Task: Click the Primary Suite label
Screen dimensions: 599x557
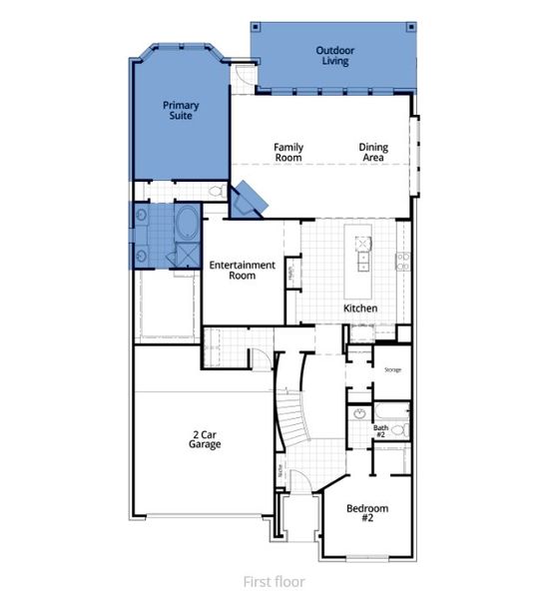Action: tap(183, 109)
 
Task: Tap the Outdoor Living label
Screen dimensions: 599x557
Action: tap(335, 55)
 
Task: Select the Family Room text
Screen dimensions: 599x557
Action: tap(288, 152)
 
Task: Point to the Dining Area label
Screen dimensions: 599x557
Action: tap(373, 152)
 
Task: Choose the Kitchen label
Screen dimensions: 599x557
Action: tap(360, 308)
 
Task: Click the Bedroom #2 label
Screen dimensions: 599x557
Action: tap(366, 513)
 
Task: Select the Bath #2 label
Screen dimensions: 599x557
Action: tap(380, 430)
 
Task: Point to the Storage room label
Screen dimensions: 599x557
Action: tap(392, 370)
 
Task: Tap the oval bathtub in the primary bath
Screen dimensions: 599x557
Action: tap(187, 221)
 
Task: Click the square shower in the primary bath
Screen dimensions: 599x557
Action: tap(185, 255)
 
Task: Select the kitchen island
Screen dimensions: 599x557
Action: tap(359, 253)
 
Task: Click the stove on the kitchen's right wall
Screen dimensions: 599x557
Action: tap(402, 262)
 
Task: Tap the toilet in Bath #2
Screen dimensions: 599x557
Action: tap(398, 430)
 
